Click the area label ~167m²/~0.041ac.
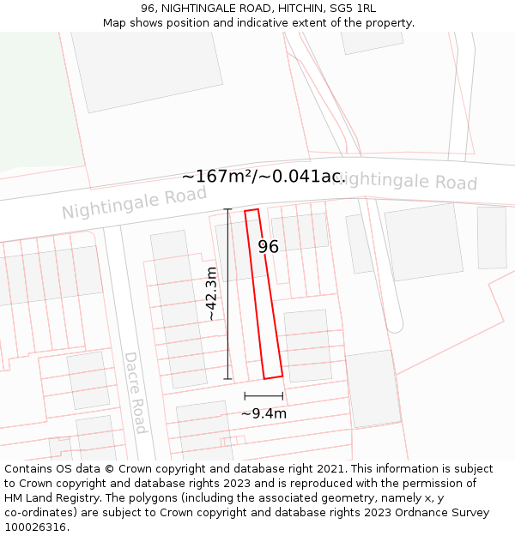pos(264,177)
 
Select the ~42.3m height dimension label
pos(211,293)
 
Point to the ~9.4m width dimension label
pos(264,413)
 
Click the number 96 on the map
pos(269,247)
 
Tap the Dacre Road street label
pos(136,392)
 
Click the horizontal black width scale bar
pos(264,396)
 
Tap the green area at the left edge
pos(34,103)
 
